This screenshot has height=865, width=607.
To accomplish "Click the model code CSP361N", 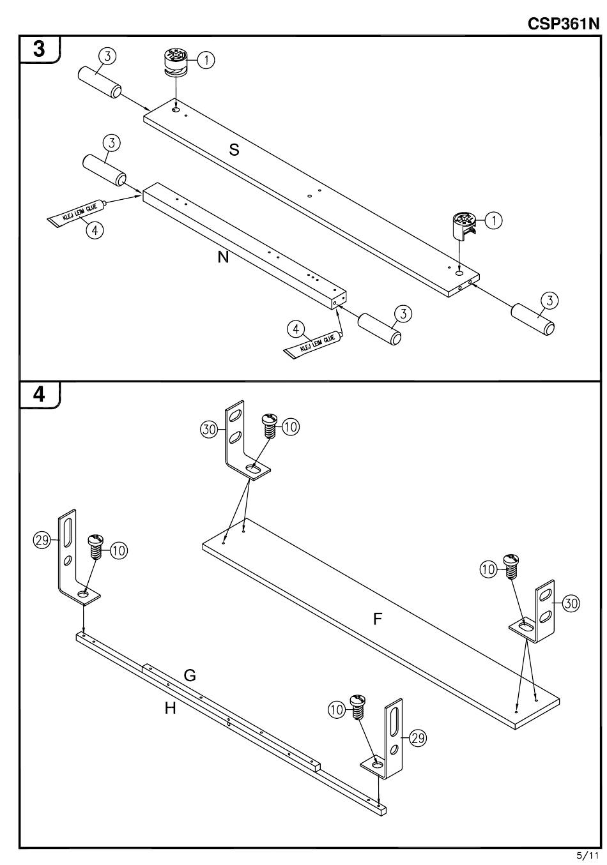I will tap(564, 24).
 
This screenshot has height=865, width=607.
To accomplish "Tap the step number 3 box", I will tap(40, 49).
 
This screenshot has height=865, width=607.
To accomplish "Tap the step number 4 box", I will tap(40, 395).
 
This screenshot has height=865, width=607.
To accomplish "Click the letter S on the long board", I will tap(234, 149).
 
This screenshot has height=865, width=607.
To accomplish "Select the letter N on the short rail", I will tap(223, 258).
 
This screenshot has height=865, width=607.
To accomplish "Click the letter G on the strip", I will tap(190, 675).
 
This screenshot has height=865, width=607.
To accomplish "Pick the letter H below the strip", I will tap(170, 708).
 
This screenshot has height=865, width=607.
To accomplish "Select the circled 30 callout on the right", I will tap(571, 603).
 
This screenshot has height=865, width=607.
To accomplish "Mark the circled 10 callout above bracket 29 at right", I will tap(337, 709).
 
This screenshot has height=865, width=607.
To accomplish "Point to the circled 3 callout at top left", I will tap(107, 56).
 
